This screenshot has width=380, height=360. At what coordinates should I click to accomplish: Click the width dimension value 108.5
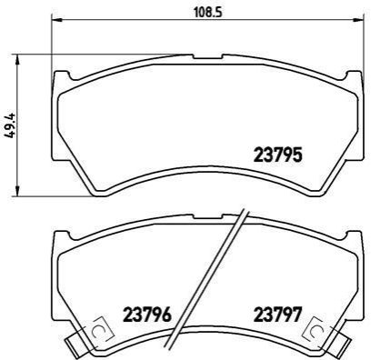pyautogui.click(x=208, y=12)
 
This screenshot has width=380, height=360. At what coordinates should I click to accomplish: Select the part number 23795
pyautogui.click(x=278, y=155)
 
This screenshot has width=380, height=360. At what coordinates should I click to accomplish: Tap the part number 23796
pyautogui.click(x=147, y=315)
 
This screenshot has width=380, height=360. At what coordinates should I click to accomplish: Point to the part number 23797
pyautogui.click(x=278, y=315)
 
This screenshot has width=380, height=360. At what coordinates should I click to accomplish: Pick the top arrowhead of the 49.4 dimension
pyautogui.click(x=18, y=59)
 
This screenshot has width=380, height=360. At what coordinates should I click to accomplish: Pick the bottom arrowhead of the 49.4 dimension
pyautogui.click(x=18, y=192)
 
